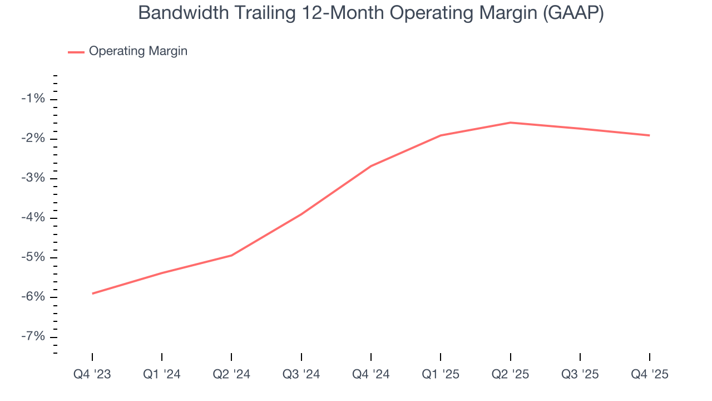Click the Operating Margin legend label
(138, 51)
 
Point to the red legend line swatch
(76, 52)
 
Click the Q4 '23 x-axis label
(92, 374)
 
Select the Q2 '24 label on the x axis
(231, 374)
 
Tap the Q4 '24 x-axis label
(371, 374)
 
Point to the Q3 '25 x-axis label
(580, 374)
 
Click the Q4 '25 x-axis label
(650, 374)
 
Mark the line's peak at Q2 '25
(511, 123)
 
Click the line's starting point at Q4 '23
(92, 294)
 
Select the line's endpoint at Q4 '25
(650, 135)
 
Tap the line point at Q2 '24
(231, 256)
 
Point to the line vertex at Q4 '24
(371, 166)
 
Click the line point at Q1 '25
(441, 135)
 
